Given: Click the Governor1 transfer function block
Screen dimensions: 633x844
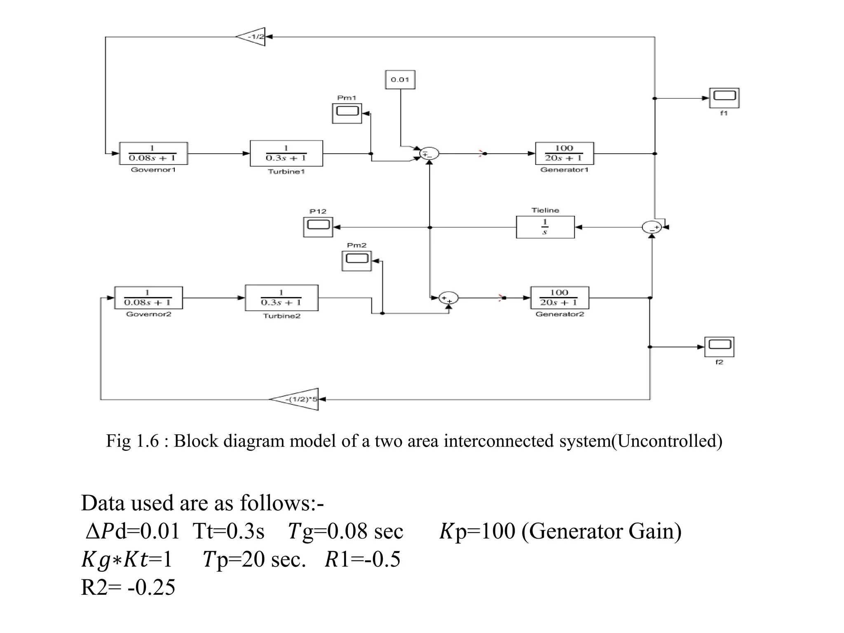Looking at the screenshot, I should pyautogui.click(x=153, y=153).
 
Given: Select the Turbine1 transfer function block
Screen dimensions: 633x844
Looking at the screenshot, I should pyautogui.click(x=286, y=153).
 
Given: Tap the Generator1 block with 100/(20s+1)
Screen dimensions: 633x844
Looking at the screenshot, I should pyautogui.click(x=564, y=153).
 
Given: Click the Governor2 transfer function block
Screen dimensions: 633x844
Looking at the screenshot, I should pyautogui.click(x=148, y=298).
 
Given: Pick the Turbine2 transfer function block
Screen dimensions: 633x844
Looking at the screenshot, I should pyautogui.click(x=281, y=298).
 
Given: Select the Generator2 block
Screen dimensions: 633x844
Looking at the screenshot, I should pyautogui.click(x=559, y=298).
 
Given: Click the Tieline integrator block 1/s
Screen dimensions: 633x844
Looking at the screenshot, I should pyautogui.click(x=545, y=227).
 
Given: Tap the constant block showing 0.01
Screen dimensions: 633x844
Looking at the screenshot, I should pyautogui.click(x=400, y=80).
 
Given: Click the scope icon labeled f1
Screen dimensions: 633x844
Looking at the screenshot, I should pyautogui.click(x=724, y=98).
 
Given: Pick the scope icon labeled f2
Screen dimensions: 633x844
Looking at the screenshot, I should pyautogui.click(x=719, y=347).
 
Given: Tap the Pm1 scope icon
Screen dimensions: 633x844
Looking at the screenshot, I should pyautogui.click(x=347, y=113).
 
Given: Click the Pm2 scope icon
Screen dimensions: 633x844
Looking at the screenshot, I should pyautogui.click(x=356, y=260).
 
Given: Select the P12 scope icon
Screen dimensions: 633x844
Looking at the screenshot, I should pyautogui.click(x=318, y=227).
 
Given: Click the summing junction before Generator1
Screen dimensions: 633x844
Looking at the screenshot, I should pyautogui.click(x=429, y=154).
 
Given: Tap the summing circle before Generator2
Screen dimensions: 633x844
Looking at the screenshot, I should pyautogui.click(x=448, y=298).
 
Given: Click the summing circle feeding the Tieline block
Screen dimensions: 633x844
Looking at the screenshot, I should pyautogui.click(x=652, y=227).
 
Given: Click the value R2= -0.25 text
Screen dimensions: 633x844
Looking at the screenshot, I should pyautogui.click(x=128, y=587).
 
